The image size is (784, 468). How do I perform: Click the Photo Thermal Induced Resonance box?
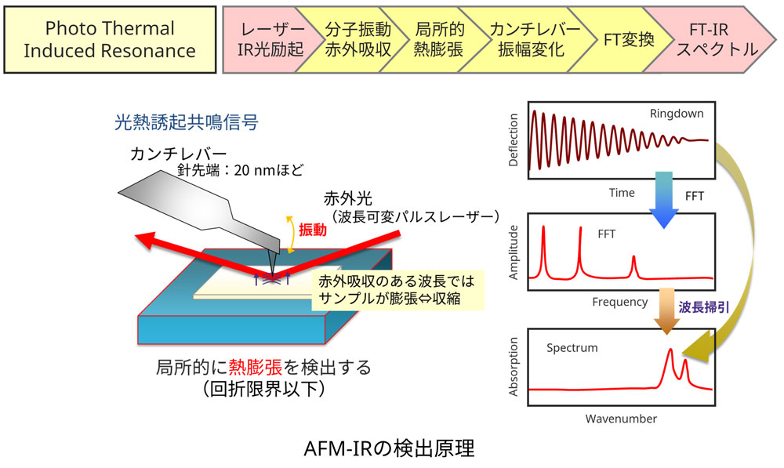tap(109, 40)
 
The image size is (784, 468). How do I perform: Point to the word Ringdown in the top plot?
tap(676, 114)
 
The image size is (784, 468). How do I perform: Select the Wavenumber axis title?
tap(621, 419)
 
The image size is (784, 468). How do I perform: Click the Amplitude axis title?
tap(514, 249)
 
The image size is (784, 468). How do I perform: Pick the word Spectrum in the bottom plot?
tap(572, 346)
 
